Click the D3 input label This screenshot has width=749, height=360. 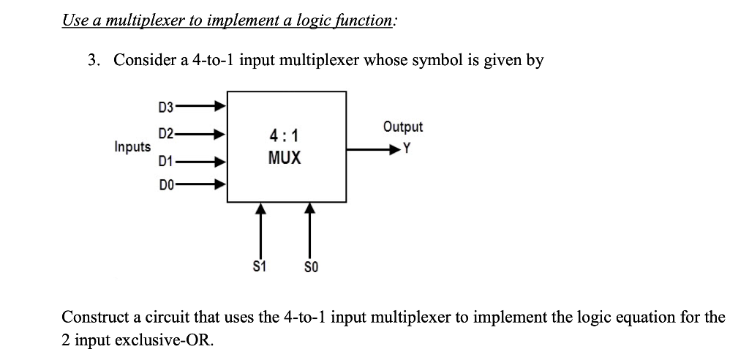tap(166, 108)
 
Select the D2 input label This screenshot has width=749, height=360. tap(166, 133)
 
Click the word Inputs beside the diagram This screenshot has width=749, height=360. tap(132, 147)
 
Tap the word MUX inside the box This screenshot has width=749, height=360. tap(285, 157)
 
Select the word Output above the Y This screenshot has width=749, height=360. tap(402, 127)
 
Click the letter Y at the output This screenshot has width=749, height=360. tap(407, 150)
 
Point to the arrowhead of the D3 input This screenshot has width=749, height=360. tap(219, 107)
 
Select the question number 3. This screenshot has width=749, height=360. tap(92, 60)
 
